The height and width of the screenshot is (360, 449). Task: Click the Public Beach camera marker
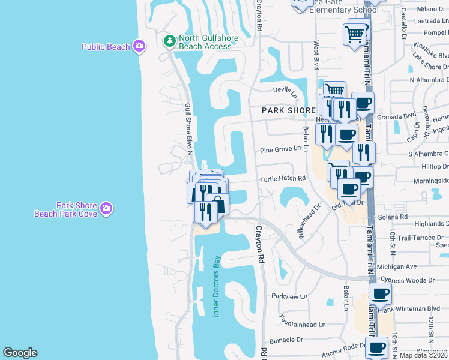139,46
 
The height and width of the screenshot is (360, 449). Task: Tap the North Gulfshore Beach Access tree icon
170,41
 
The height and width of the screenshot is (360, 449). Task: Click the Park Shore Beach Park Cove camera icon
106,208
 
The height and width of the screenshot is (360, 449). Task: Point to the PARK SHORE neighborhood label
288,111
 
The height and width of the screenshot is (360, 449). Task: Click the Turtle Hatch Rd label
282,179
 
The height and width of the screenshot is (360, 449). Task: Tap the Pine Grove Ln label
280,149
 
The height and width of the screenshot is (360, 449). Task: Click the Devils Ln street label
285,91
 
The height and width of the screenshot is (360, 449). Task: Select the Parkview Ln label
289,296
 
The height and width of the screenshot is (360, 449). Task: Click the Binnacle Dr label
287,340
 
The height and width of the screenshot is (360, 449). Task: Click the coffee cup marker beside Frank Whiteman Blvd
379,294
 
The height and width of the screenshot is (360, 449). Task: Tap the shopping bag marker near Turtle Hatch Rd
218,203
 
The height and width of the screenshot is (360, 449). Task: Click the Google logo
20,353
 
